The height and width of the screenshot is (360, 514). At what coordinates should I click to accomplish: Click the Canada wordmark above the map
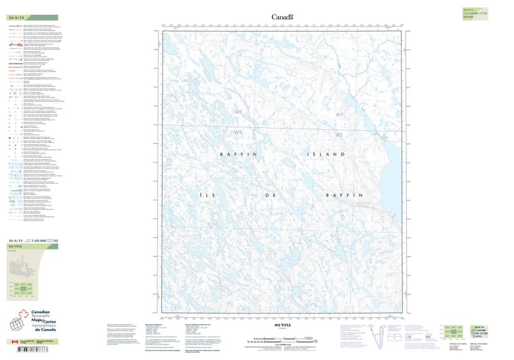click(281, 17)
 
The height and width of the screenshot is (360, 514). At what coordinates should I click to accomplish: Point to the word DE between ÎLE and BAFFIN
click(281, 194)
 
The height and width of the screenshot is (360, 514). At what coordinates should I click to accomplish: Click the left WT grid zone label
click(239, 113)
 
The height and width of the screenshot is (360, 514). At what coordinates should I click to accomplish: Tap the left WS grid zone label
click(239, 133)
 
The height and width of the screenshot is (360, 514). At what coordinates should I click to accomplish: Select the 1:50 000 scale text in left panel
click(41, 240)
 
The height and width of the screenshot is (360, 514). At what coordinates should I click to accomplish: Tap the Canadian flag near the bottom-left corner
click(14, 342)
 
